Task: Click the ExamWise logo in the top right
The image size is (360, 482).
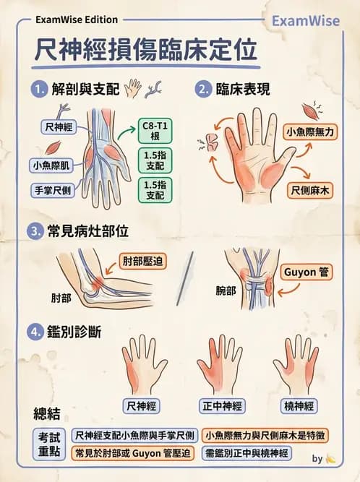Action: click(305, 22)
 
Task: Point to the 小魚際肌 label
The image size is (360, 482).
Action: click(52, 165)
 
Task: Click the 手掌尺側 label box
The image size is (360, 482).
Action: click(52, 191)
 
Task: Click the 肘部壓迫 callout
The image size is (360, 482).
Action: click(144, 259)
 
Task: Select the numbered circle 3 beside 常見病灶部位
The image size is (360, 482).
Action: click(35, 232)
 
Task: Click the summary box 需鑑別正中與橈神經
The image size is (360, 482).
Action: click(247, 454)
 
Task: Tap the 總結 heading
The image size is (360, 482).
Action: click(47, 413)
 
